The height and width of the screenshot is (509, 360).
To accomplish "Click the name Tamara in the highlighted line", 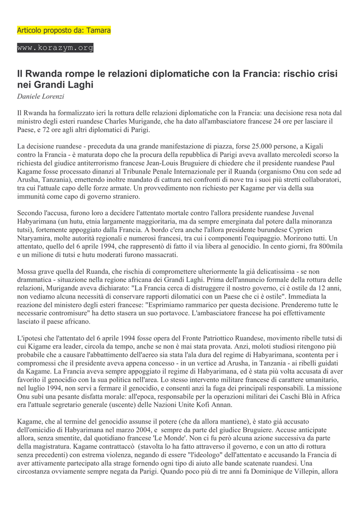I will point(98,30).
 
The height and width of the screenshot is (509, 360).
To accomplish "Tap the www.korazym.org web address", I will point(55,48).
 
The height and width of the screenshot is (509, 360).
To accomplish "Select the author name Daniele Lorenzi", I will point(41,96).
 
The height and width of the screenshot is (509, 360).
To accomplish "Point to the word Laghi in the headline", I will point(81,85).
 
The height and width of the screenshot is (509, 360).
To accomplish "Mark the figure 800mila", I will point(329,247).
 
